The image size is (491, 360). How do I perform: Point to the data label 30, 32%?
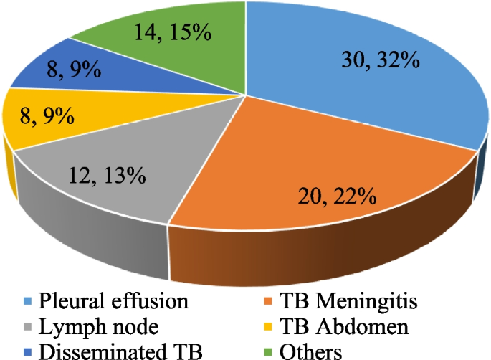[x=379, y=62]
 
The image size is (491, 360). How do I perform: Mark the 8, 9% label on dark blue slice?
[x=64, y=70]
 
